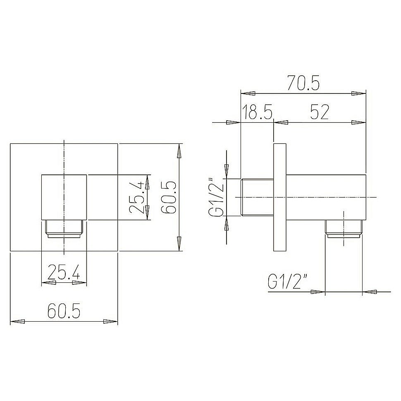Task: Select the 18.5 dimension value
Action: pos(257,112)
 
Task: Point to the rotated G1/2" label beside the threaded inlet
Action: pos(217,198)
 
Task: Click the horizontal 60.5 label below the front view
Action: pos(64,311)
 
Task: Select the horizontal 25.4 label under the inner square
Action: pos(64,273)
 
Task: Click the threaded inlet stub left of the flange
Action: pos(257,198)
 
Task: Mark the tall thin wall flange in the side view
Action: pos(279,198)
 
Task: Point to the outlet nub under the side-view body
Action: pos(344,230)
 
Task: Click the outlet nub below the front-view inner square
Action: pos(64,230)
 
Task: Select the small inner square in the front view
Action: pos(64,196)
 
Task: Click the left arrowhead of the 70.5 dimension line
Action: pos(248,93)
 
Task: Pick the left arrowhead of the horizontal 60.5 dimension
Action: pos(17,321)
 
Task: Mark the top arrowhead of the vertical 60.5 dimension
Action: pos(179,150)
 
